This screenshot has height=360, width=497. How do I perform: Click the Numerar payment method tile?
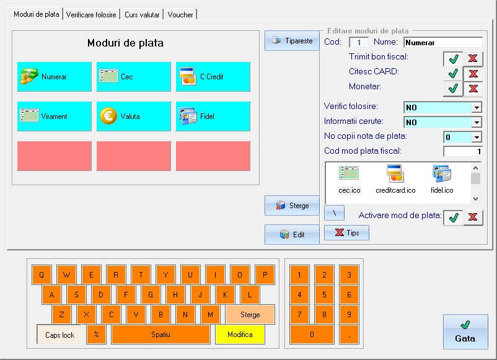coord(54,77)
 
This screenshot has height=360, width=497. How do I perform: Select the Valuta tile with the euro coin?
coord(133,116)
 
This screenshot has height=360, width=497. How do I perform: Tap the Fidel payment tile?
coord(213,116)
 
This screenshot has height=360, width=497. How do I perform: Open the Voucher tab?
coord(180,15)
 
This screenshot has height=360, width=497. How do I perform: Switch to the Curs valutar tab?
coord(142,15)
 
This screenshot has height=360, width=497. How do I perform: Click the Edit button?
coord(292,234)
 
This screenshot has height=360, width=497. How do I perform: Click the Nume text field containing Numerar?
coord(443,43)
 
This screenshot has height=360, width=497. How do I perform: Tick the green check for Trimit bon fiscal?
coord(453,59)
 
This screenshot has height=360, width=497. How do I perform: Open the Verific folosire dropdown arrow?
coord(477,107)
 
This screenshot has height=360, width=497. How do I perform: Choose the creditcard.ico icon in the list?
coord(395,179)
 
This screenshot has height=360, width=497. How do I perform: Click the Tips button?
coord(346,232)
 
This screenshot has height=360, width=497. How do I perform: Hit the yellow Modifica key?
coord(240,335)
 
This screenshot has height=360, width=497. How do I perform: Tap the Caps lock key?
coord(59,335)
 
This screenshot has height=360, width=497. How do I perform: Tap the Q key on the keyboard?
coord(42,274)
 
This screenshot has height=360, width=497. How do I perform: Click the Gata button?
coord(465,331)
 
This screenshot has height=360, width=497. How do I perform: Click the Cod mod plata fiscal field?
coord(463,151)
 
